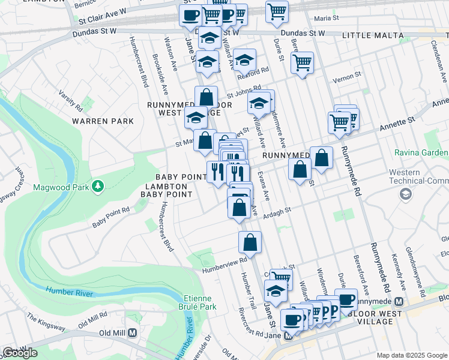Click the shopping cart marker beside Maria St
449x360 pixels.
277,11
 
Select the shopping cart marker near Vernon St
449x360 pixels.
302,62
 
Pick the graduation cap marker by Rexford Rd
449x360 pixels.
244,59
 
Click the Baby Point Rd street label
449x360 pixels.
111,217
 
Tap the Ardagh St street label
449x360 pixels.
276,211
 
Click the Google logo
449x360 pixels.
20,353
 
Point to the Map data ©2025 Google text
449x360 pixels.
411,355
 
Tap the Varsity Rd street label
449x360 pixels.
70,101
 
